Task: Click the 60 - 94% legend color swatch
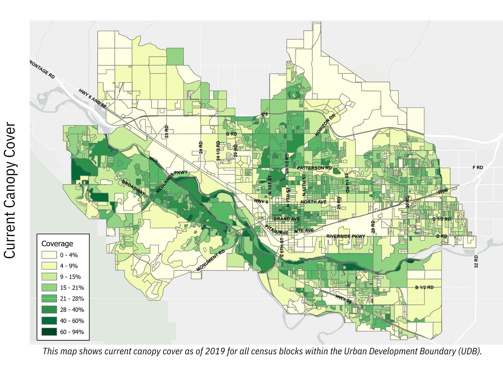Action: (x=49, y=332)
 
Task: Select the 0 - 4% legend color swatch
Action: (x=49, y=255)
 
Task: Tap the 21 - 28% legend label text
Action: (x=72, y=299)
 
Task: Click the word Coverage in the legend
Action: (x=57, y=243)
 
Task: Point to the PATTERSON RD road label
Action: (x=314, y=168)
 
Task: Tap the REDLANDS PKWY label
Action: (x=172, y=182)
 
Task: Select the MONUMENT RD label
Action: (x=211, y=261)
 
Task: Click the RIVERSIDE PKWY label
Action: (x=346, y=236)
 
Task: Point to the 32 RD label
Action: (x=476, y=261)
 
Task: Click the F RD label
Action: (x=478, y=167)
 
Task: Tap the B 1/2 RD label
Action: (x=424, y=287)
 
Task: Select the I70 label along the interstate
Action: (x=264, y=114)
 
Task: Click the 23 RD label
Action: (x=166, y=131)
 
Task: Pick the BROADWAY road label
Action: (x=134, y=188)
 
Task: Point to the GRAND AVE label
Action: (x=286, y=219)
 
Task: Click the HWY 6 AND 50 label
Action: (x=92, y=98)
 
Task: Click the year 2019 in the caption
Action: (x=215, y=351)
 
